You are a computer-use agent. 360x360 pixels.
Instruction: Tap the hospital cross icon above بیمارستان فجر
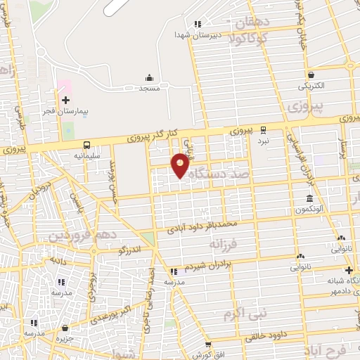pos(65,100)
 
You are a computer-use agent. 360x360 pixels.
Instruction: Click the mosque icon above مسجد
pos(149,78)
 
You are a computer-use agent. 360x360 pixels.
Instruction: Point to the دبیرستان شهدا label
pos(200,34)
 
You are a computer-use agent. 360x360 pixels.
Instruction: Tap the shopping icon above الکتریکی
pos(310,75)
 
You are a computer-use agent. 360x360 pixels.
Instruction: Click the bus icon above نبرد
pos(263,129)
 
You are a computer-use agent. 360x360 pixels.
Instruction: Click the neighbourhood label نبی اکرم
pos(238,309)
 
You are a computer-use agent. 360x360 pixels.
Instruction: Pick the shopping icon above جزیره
pos(65,328)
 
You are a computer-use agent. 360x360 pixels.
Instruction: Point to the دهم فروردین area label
pos(81,234)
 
